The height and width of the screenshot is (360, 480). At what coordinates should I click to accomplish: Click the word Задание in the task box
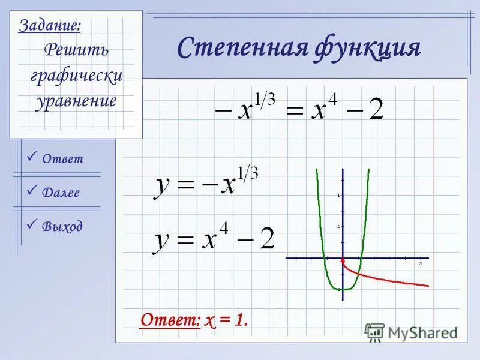point(50,26)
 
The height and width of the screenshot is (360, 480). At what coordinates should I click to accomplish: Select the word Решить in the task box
point(76,49)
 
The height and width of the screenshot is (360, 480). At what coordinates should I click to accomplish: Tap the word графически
point(76,75)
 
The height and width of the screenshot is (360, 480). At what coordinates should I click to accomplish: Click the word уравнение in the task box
point(76,100)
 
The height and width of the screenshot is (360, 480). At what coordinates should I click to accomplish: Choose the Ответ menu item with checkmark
point(62,159)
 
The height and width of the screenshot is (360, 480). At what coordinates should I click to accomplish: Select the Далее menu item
point(61,193)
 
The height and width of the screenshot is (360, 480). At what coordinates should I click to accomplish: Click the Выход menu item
point(62,227)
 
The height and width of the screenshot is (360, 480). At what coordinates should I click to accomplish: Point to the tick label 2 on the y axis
point(338,227)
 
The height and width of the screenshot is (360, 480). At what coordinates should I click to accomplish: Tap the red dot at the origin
point(343,259)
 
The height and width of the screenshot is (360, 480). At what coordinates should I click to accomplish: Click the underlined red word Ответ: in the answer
point(170,320)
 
